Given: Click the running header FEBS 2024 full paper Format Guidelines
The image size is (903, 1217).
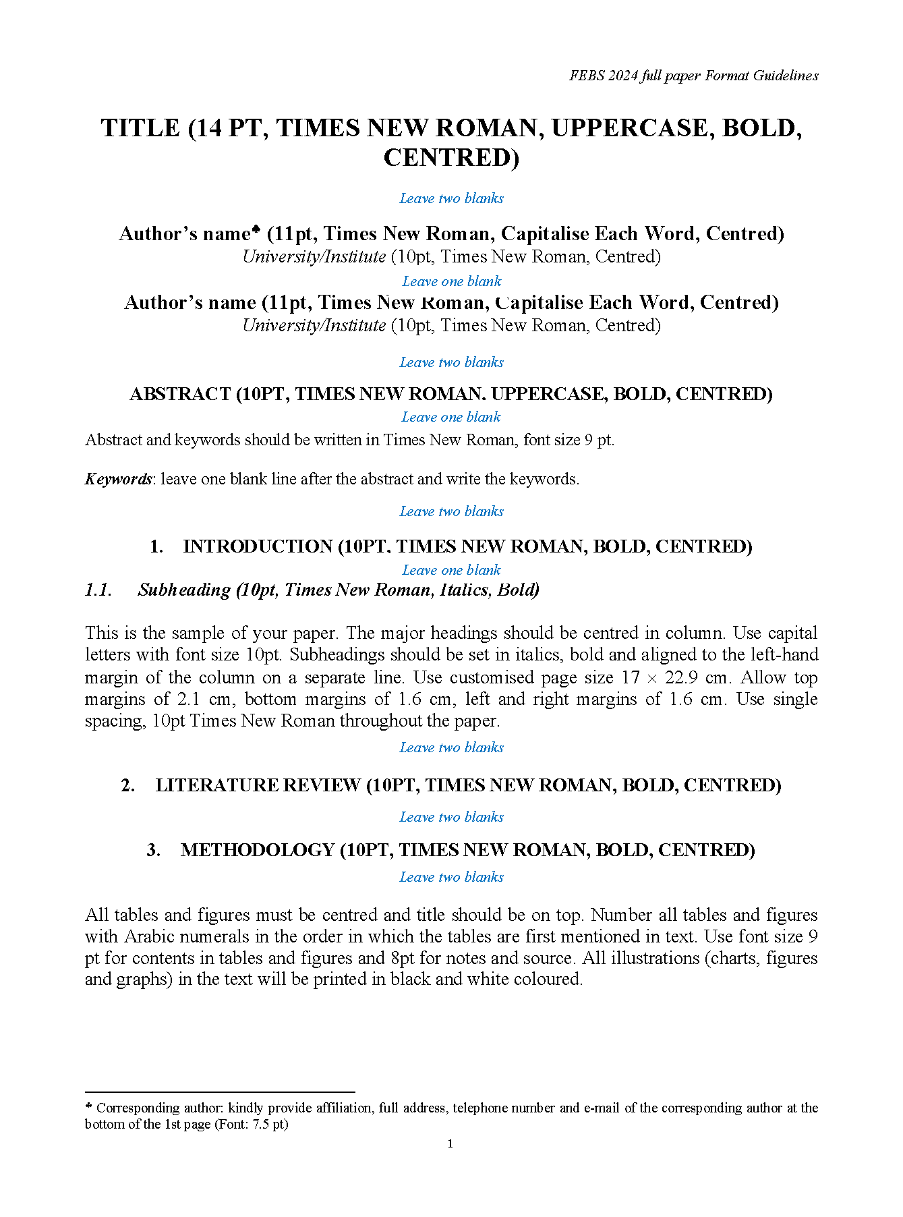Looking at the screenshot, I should [693, 76].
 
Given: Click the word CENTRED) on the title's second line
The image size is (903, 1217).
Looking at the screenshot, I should [451, 158].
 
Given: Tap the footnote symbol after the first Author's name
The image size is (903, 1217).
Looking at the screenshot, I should [256, 230].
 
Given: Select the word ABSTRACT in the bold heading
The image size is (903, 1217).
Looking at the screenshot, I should [180, 394].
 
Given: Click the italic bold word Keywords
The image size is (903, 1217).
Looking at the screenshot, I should [118, 479].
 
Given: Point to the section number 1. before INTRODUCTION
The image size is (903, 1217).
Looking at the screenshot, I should [156, 546].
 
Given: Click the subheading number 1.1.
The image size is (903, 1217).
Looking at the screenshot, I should [98, 590].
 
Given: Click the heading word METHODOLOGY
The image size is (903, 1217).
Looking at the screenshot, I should [257, 850].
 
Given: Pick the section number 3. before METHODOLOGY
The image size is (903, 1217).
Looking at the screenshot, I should [154, 850].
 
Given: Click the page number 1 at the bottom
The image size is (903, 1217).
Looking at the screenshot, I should [450, 1143].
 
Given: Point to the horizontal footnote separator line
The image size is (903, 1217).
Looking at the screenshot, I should [220, 1092].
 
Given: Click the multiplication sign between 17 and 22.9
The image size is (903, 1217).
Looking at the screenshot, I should [651, 678].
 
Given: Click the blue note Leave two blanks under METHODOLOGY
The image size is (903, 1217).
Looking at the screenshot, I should [451, 877].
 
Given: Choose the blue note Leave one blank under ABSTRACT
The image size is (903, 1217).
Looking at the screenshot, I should [451, 417].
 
